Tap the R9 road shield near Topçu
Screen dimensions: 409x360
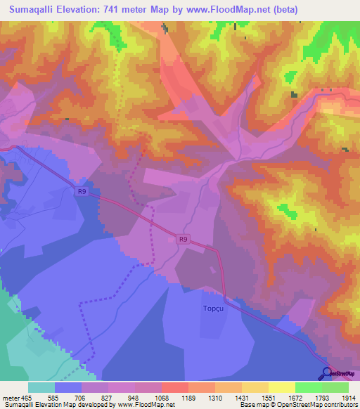point(183,240)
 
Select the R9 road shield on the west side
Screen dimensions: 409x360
point(82,190)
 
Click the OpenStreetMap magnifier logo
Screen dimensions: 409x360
point(326,373)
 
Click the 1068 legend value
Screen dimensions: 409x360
point(162,398)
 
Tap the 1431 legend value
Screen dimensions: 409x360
point(242,398)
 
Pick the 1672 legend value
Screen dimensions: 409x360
point(295,398)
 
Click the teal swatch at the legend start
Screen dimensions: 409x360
point(41,387)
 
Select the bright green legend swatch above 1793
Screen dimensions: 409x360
point(309,387)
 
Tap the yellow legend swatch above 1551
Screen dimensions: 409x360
point(255,387)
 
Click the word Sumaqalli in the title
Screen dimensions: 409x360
point(35,9)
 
